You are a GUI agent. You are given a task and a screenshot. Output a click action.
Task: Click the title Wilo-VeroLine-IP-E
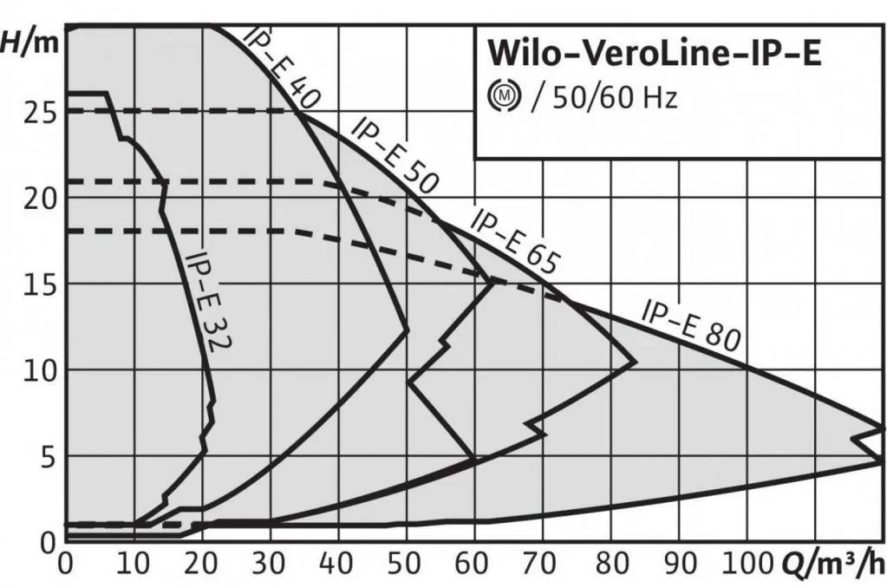(x=654, y=53)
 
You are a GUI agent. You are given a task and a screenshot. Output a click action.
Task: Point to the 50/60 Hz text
(x=604, y=96)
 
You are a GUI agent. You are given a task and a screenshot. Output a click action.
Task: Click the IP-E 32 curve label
(x=209, y=300)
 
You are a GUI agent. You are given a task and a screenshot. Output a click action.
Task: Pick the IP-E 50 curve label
(x=395, y=156)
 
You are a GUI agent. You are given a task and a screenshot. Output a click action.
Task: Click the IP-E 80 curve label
(x=690, y=324)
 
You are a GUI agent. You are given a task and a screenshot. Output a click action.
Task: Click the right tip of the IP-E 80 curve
(x=882, y=428)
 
